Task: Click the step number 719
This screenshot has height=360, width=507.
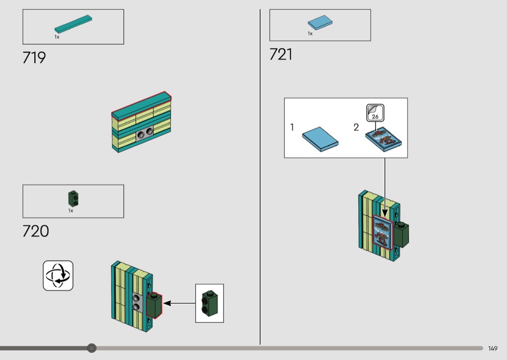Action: tap(34, 58)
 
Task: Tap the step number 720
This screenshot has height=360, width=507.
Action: tap(36, 231)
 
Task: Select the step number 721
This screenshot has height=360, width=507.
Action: tap(281, 55)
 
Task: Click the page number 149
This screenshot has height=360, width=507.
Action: tap(493, 348)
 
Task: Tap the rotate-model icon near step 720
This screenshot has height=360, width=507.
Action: tap(58, 276)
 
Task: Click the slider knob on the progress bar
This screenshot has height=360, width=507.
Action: tap(92, 348)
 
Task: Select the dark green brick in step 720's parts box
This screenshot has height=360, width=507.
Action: tap(73, 198)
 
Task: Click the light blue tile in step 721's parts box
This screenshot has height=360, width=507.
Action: tap(320, 23)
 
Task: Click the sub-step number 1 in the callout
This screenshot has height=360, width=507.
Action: tap(292, 127)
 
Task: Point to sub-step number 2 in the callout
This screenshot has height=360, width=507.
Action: tap(356, 127)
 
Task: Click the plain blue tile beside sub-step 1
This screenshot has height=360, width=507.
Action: tap(320, 139)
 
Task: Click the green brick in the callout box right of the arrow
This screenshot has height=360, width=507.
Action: tap(209, 303)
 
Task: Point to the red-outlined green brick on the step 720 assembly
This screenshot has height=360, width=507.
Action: tap(154, 305)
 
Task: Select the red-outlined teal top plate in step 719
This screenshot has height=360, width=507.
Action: tap(142, 106)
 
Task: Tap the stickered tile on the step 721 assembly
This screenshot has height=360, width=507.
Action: tap(381, 233)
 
